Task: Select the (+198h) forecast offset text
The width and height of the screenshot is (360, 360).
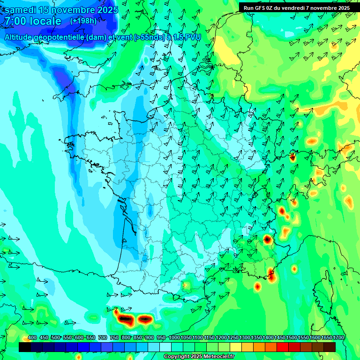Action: click(83, 21)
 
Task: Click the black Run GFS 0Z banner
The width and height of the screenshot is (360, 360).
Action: click(297, 7)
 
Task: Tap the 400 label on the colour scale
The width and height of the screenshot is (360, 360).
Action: click(32, 338)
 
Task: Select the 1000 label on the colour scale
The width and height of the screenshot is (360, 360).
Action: click(174, 338)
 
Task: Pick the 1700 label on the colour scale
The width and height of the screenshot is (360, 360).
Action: click(338, 338)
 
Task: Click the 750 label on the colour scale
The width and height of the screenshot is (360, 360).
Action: click(114, 338)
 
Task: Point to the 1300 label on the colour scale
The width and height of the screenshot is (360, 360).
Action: click(245, 338)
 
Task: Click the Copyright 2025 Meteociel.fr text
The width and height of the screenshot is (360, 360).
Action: click(199, 357)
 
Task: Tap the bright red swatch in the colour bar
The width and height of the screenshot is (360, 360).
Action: click(283, 347)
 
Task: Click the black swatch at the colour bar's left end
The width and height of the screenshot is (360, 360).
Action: click(25, 347)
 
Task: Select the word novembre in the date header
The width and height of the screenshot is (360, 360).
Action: click(72, 10)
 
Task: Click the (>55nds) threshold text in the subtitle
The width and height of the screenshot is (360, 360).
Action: click(150, 37)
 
